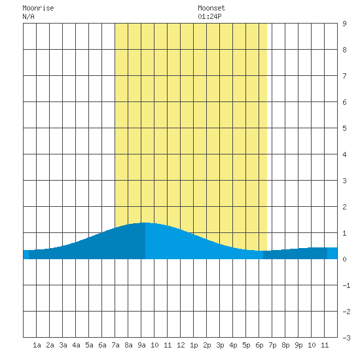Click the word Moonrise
pyautogui.click(x=38, y=8)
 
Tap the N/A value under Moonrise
pyautogui.click(x=28, y=16)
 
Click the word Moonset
pyautogui.click(x=211, y=8)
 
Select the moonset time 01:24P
pyautogui.click(x=209, y=16)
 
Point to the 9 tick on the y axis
pyautogui.click(x=344, y=24)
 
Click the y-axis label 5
pyautogui.click(x=344, y=128)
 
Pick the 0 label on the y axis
pyautogui.click(x=344, y=259)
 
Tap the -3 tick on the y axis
pyautogui.click(x=346, y=338)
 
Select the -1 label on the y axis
pyautogui.click(x=346, y=285)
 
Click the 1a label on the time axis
pyautogui.click(x=37, y=345)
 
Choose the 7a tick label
pyautogui.click(x=115, y=345)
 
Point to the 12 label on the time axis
pyautogui.click(x=181, y=345)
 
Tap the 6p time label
pyautogui.click(x=259, y=345)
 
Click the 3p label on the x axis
pyautogui.click(x=220, y=345)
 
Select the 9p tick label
pyautogui.click(x=298, y=345)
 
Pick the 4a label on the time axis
pyautogui.click(x=76, y=345)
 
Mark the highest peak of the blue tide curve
pyautogui.click(x=145, y=223)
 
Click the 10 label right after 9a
pyautogui.click(x=154, y=345)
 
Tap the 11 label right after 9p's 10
pyautogui.click(x=325, y=345)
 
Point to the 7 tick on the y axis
pyautogui.click(x=344, y=76)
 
